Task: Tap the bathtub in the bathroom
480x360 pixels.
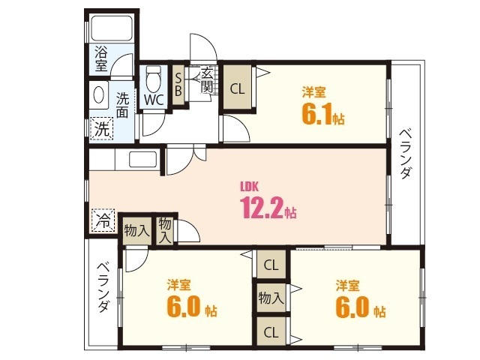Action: coord(111,30)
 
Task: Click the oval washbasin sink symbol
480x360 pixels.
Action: coord(99,96)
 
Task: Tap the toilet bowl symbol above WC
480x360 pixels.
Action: coord(154,77)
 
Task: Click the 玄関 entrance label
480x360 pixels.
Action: coord(205,79)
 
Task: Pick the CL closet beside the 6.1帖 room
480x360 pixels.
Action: coord(237,88)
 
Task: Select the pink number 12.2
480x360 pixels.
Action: coord(262,208)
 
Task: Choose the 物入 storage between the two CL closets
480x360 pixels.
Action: coord(271,298)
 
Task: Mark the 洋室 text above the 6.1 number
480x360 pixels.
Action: coord(313,93)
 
